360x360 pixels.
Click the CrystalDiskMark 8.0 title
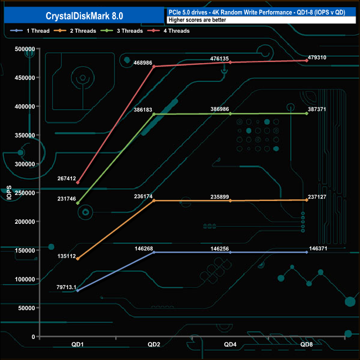point(84,16)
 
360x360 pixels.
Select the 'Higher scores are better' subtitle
point(197,20)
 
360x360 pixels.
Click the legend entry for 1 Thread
point(30,31)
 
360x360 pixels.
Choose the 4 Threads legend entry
point(168,31)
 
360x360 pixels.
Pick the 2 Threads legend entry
point(75,31)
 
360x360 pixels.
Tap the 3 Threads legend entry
point(122,31)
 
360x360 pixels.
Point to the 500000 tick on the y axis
point(25,49)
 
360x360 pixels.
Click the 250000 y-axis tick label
point(25,193)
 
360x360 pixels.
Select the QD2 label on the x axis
point(154,344)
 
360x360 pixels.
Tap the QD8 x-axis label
point(306,344)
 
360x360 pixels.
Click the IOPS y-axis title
point(9,193)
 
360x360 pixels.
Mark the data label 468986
point(143,63)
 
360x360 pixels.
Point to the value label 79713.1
point(66,287)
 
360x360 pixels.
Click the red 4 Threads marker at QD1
point(78,183)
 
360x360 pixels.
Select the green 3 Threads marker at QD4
point(230,114)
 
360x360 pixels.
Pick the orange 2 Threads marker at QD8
point(307,200)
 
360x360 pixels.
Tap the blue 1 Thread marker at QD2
point(154,253)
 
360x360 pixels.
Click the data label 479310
point(317,58)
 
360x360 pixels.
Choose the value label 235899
point(220,197)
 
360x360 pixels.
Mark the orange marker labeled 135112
point(78,259)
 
